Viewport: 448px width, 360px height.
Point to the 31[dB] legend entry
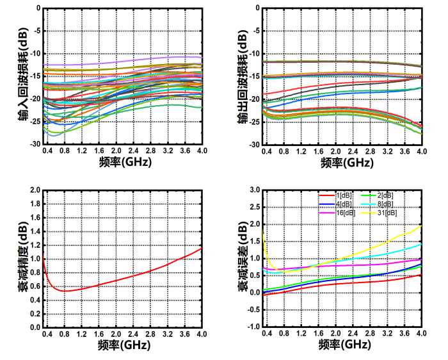(385, 213)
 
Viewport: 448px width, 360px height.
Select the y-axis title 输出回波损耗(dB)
(243, 76)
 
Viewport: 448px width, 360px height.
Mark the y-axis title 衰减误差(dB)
(243, 259)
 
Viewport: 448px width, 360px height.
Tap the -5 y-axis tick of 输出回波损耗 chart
(255, 31)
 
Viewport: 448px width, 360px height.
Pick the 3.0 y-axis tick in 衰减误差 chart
(254, 190)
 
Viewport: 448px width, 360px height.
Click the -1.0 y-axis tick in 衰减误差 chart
(253, 326)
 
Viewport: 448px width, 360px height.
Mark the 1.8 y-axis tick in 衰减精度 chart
(33, 204)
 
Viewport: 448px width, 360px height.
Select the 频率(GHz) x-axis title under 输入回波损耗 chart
(125, 162)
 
